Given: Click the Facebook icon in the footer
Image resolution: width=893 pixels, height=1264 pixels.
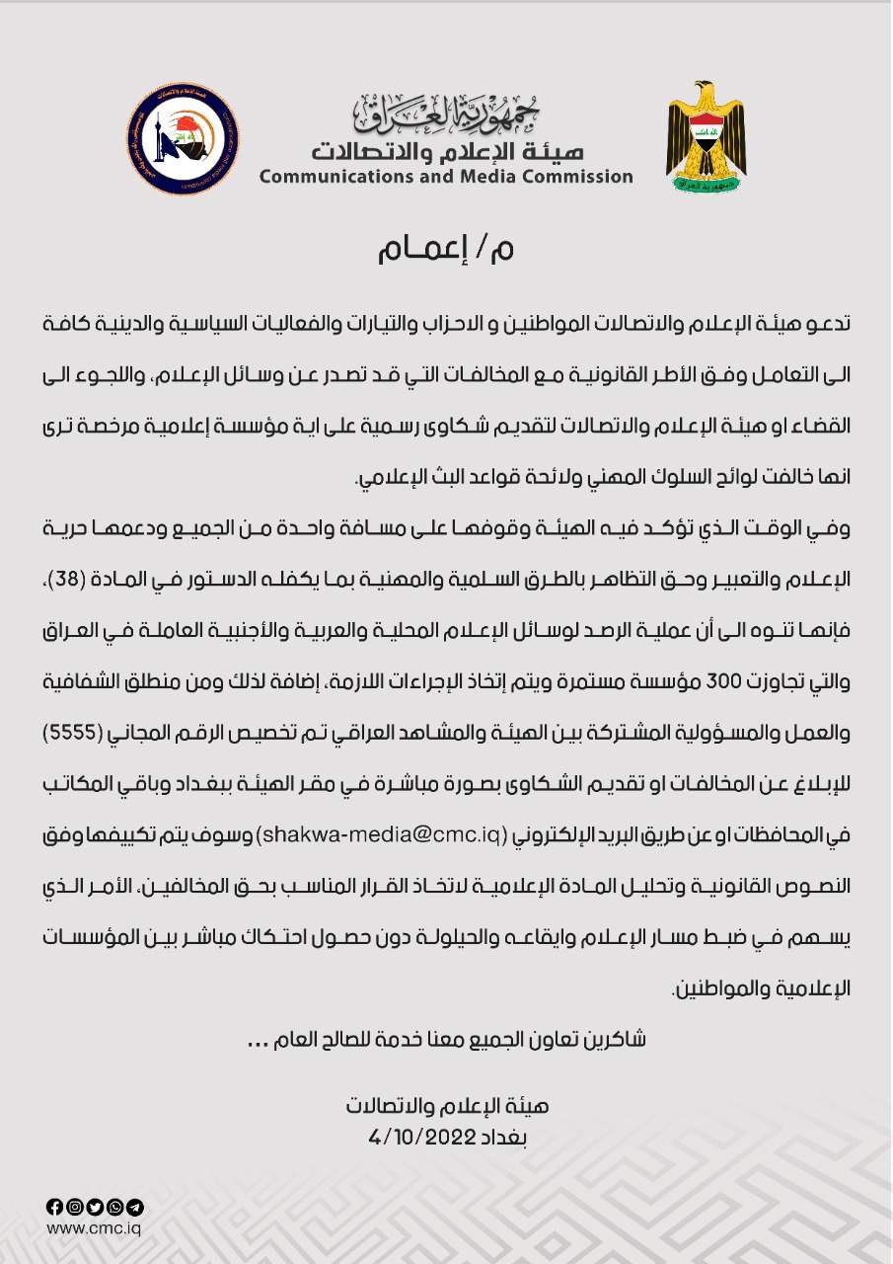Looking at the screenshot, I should tap(54, 1207).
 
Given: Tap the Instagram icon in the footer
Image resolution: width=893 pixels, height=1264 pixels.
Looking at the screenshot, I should tap(74, 1207).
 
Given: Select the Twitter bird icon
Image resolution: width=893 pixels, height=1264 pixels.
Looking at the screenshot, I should tap(95, 1207).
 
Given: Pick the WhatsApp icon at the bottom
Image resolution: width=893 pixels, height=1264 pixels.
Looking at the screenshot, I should tap(115, 1207).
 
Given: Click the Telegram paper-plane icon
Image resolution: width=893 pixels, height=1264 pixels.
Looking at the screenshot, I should tap(136, 1207).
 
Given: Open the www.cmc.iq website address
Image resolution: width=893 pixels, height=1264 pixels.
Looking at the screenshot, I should tap(95, 1228).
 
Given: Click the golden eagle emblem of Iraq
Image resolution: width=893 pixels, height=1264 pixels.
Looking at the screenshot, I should tap(706, 138).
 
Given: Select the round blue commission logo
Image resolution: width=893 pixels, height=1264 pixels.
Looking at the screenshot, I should tap(184, 139).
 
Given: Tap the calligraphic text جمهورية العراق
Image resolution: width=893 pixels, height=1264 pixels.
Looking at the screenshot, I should tap(447, 115).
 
